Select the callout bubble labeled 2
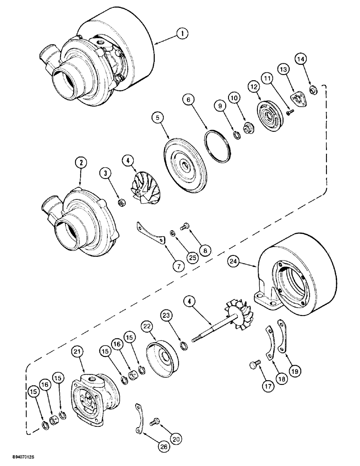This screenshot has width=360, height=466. [x=81, y=163]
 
